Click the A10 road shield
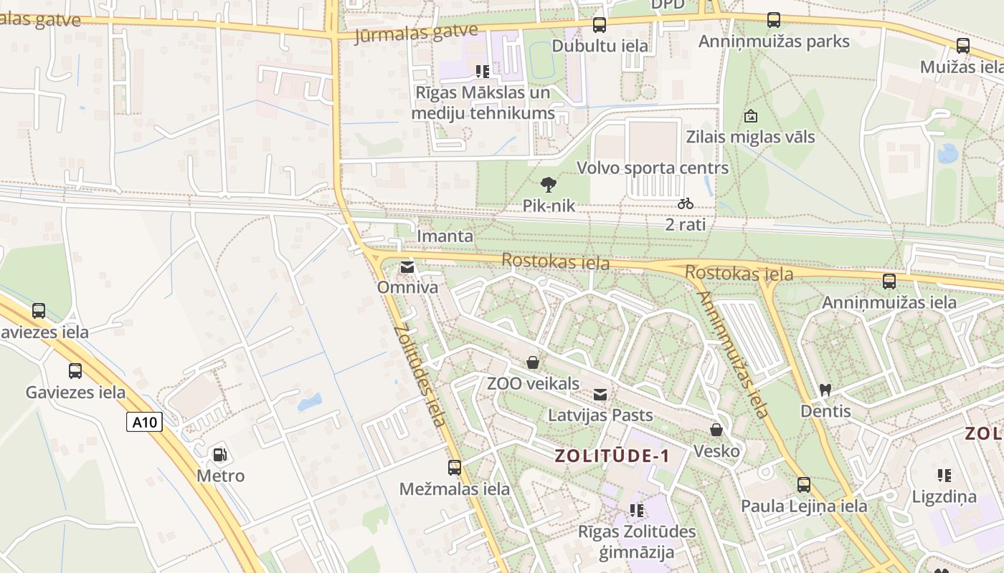145,422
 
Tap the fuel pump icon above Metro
220,454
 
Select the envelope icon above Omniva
407,267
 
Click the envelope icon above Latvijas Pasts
600,394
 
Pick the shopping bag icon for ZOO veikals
533,362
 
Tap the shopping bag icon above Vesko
716,430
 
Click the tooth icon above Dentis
825,390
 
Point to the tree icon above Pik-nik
549,185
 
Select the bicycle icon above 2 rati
686,203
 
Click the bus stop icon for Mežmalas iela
455,468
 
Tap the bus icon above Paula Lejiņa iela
804,485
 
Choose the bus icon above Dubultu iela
599,25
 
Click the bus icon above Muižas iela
963,46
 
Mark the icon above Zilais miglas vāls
751,115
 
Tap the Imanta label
445,236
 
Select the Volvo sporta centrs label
653,168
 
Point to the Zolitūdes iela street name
420,375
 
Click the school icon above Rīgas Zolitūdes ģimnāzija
636,511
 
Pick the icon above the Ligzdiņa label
944,475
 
